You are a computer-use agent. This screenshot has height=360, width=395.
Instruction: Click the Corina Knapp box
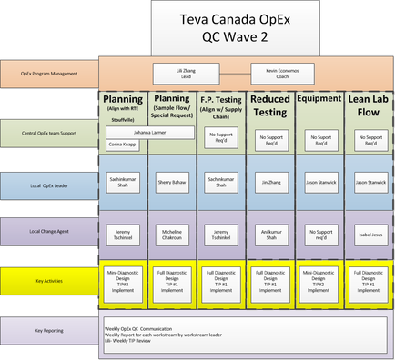coord(123,144)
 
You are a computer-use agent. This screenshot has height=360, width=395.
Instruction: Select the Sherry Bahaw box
coord(172,183)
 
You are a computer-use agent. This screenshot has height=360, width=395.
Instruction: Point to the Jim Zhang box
coord(270,183)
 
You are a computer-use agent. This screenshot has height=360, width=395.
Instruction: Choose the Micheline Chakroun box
coord(172,234)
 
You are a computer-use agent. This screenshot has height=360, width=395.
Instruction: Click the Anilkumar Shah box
coord(270,234)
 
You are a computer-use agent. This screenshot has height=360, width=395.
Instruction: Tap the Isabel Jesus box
coord(369,234)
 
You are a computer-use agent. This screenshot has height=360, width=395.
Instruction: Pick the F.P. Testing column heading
coord(221,102)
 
